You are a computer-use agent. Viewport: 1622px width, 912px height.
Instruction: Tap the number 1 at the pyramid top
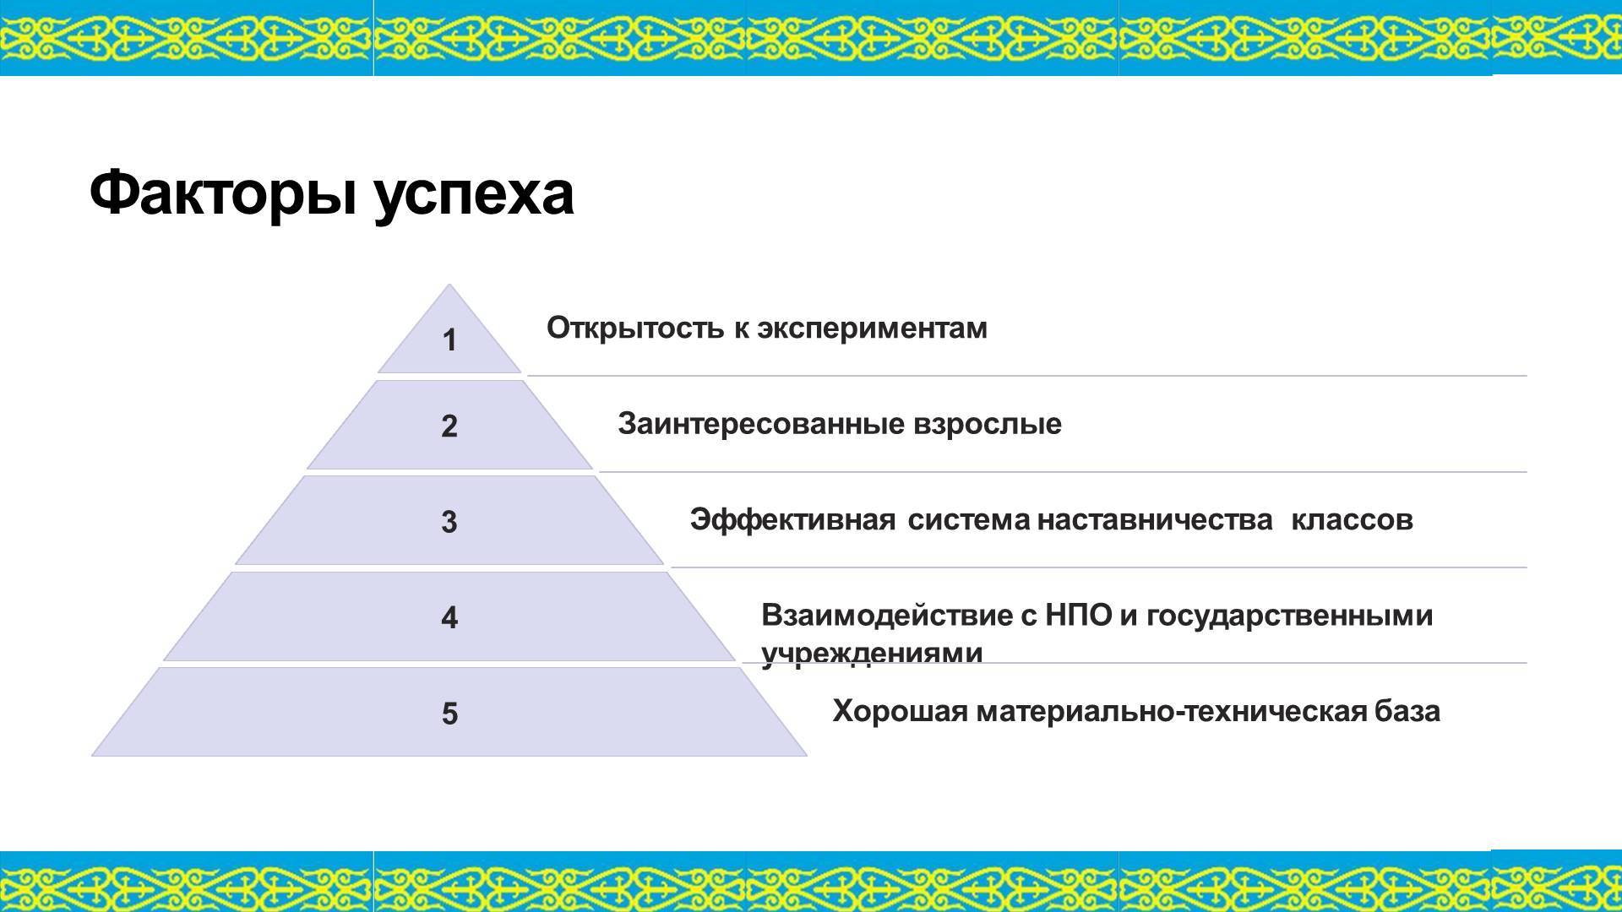[x=449, y=340]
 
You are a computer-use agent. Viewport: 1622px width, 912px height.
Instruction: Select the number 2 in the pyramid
[x=449, y=426]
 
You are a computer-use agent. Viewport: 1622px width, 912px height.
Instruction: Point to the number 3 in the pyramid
[x=449, y=522]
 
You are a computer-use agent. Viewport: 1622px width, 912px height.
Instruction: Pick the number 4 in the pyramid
[x=449, y=617]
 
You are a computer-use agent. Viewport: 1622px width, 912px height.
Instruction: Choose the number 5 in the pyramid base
[x=449, y=714]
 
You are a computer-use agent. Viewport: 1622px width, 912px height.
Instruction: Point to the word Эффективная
[x=792, y=519]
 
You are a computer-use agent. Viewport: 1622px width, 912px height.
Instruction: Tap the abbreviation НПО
[x=1079, y=616]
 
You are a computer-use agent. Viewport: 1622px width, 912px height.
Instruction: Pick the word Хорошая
[x=900, y=712]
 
